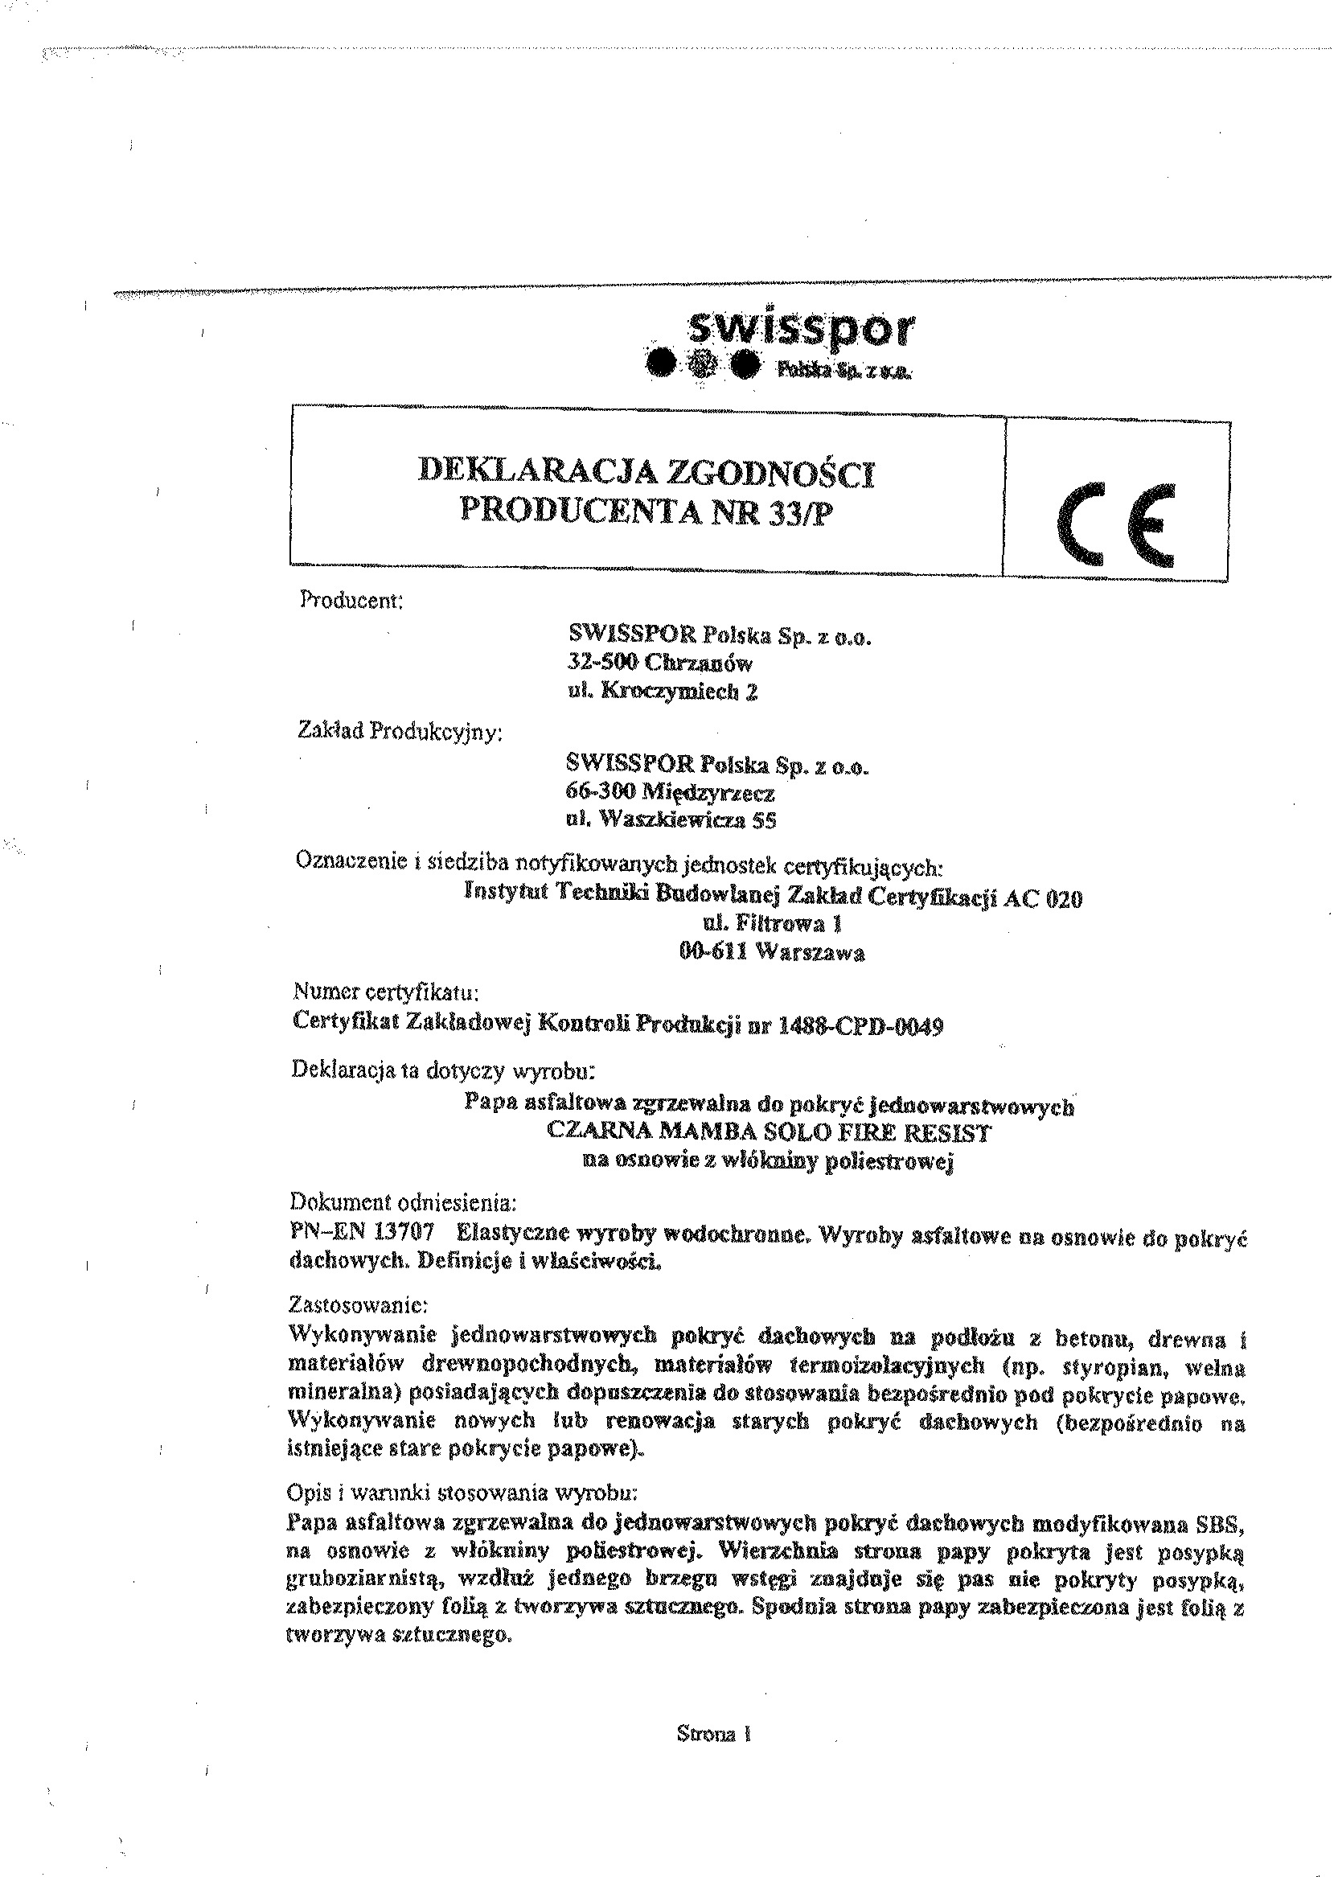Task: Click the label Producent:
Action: [x=350, y=601]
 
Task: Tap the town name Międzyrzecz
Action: [x=707, y=793]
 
